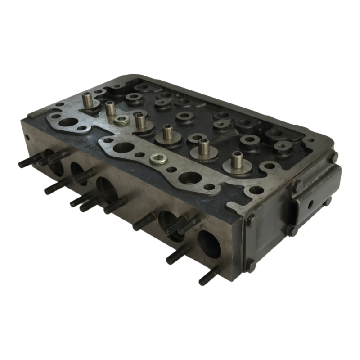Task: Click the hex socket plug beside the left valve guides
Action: point(121,120)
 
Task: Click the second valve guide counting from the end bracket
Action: point(203,146)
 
